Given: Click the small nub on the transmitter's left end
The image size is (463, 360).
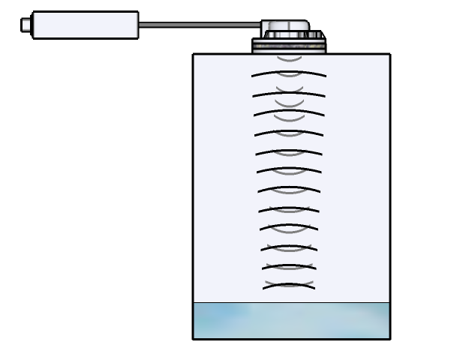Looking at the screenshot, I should tap(26, 25).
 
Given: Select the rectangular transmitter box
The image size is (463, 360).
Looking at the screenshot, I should tap(86, 25).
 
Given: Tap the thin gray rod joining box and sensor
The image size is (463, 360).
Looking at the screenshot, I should tap(200, 25).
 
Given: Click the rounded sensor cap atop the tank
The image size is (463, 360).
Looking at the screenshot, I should tap(286, 28).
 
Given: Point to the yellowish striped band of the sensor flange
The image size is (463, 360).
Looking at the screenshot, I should tap(289, 46).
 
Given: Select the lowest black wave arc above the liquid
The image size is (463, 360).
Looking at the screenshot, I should tap(289, 284).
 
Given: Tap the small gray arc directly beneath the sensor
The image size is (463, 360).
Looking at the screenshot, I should tap(289, 58).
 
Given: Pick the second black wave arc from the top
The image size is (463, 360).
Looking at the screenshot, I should tap(289, 93).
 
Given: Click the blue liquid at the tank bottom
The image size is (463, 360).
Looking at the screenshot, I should tap(291, 321).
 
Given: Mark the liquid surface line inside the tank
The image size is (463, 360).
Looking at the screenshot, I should tap(291, 303).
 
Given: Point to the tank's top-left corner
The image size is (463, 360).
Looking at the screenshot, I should tap(194, 54).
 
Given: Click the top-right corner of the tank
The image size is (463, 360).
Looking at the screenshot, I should tap(389, 54).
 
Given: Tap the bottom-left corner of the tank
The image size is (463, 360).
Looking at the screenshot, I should tap(194, 339).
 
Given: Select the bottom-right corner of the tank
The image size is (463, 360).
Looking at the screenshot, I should tap(389, 339).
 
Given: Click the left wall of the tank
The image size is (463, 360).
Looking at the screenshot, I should tap(194, 180).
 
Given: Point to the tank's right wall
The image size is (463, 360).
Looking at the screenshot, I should tap(389, 180).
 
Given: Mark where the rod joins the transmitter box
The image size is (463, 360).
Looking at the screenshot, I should tap(140, 25).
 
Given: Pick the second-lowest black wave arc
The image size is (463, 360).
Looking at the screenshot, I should tap(289, 265).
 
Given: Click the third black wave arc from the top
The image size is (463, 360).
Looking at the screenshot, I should tap(289, 112).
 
